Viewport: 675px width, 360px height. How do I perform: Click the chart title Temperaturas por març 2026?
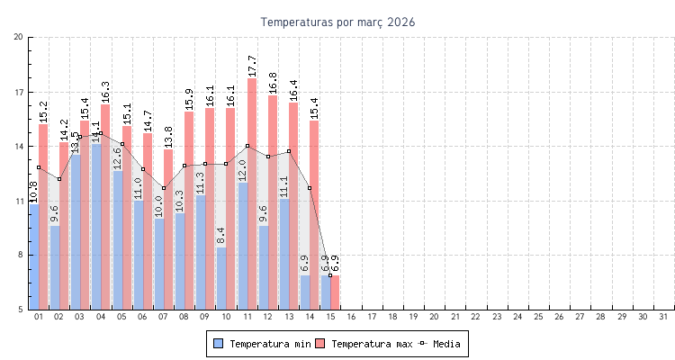pos(337,22)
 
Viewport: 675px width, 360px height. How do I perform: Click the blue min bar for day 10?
pos(221,278)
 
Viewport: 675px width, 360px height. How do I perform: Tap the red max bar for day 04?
pos(105,207)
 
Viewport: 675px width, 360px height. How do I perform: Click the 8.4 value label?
pos(221,236)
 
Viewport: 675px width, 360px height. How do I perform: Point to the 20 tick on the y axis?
pos(19,37)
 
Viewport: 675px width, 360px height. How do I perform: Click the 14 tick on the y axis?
pos(19,146)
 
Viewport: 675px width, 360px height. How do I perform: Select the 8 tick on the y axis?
pos(19,255)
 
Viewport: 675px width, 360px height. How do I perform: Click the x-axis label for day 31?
pos(663,317)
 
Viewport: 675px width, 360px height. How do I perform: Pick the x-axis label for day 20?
pos(434,317)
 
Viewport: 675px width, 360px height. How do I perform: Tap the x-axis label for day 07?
pos(163,317)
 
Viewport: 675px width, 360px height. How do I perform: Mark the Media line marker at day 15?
pos(330,275)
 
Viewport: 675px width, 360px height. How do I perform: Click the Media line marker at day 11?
pos(247,146)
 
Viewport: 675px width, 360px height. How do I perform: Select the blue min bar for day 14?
pos(305,292)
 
